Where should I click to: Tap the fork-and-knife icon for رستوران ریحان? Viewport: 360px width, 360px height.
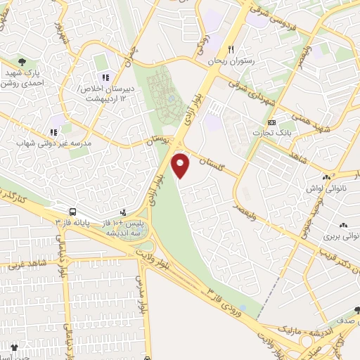230,50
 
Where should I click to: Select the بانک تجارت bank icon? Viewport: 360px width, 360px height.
271,121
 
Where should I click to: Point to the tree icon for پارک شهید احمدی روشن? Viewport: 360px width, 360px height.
23,62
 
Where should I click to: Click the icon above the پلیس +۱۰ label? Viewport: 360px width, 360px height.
124,211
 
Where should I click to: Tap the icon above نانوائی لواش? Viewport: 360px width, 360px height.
325,179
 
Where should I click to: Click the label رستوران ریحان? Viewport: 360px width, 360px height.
230,62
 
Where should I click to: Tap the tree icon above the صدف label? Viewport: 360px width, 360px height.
356,310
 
